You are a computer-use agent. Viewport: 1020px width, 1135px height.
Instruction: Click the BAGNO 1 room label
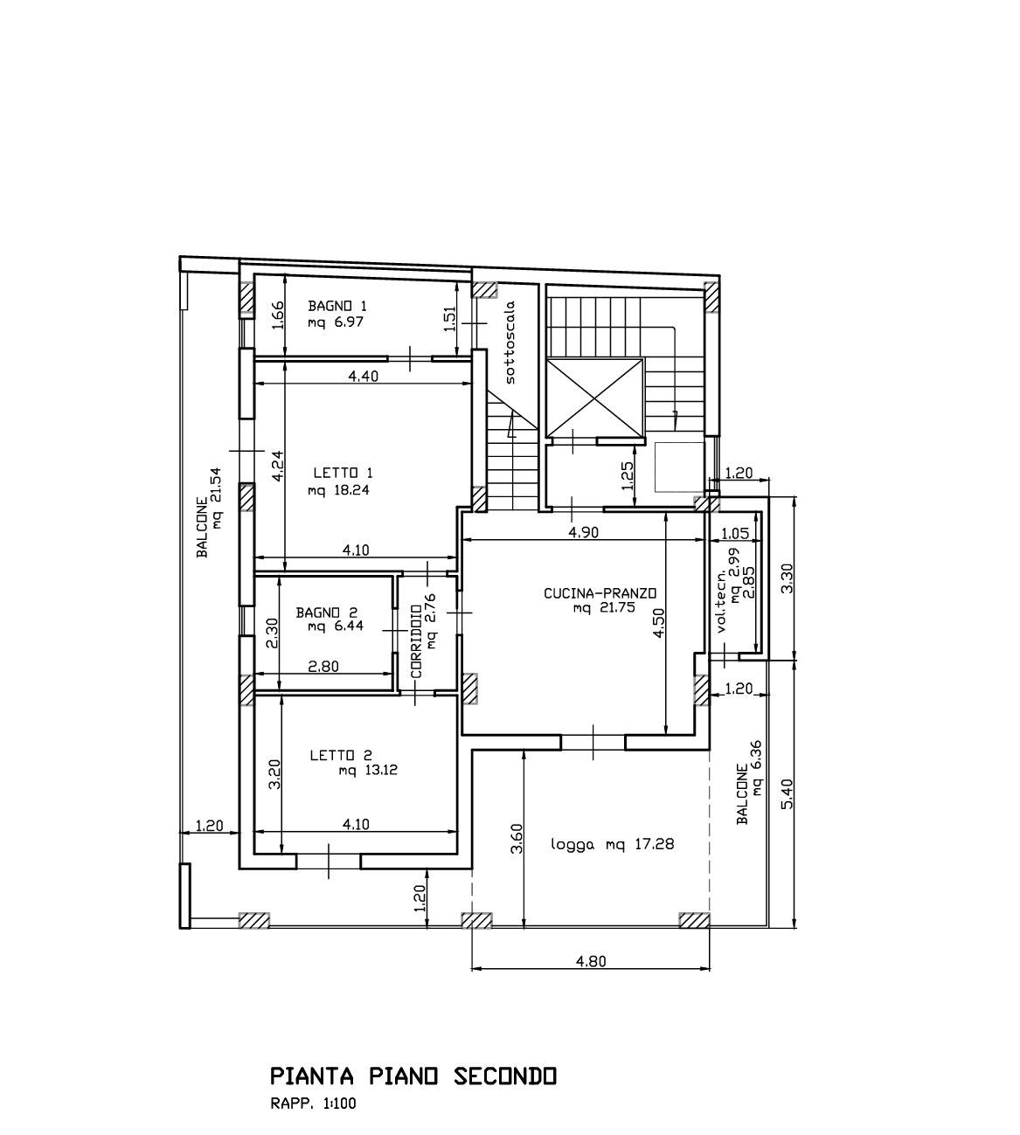(337, 306)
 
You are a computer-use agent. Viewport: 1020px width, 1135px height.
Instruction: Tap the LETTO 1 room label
(343, 473)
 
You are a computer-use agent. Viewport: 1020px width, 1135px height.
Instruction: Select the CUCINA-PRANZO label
(600, 593)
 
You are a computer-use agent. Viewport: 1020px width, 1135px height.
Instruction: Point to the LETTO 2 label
(341, 755)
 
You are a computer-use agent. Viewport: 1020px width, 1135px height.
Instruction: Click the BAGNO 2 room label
(327, 612)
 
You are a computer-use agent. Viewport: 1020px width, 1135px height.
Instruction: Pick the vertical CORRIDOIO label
(416, 641)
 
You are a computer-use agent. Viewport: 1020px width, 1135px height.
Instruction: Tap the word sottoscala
(510, 343)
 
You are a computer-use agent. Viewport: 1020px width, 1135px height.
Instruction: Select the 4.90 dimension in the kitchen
(583, 532)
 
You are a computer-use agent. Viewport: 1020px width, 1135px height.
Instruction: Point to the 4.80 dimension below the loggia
(591, 962)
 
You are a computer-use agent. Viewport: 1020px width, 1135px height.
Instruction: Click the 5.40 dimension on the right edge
(787, 794)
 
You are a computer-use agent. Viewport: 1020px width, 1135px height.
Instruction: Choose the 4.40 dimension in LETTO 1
(364, 376)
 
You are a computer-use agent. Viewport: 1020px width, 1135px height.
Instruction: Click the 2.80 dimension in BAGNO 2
(323, 667)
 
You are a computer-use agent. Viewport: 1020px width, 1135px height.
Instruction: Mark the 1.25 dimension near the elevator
(628, 475)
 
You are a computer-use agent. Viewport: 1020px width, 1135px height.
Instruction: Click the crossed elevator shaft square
(594, 398)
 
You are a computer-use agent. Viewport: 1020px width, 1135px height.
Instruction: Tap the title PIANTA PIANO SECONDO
(413, 1076)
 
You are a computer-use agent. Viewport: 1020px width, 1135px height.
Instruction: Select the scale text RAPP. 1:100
(313, 1104)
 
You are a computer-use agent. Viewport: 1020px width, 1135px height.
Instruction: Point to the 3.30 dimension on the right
(787, 578)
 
